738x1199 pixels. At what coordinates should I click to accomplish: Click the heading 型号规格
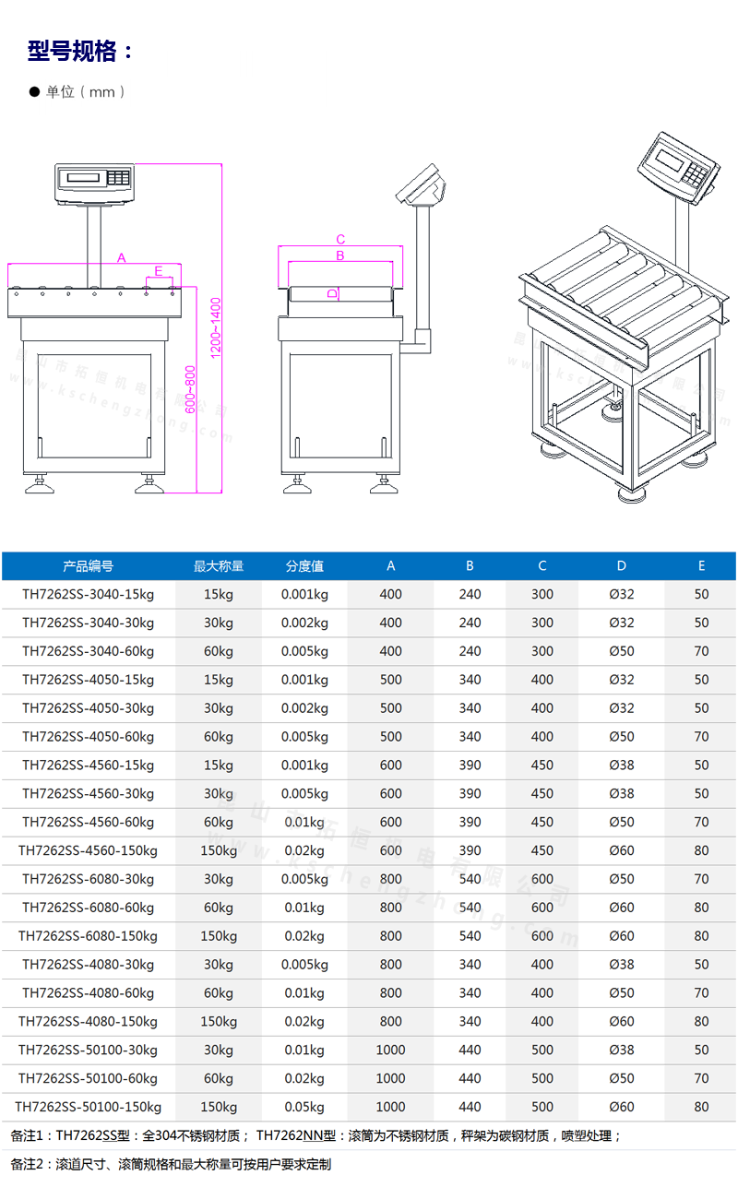coord(72,52)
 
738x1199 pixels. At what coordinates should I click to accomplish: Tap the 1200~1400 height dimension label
coord(215,328)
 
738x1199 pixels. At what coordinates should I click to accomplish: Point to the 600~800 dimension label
coord(190,389)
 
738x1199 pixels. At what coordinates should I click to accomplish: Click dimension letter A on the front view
coord(122,258)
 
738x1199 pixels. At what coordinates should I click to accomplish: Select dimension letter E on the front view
coord(159,271)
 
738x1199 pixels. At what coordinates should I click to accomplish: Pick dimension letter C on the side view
coord(340,239)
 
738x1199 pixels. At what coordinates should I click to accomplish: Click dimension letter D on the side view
coord(333,293)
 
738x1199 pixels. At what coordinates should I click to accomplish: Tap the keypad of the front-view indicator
coord(118,178)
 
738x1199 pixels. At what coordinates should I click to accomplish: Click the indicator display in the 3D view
coord(668,159)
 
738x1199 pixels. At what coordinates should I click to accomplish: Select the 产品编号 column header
coord(88,565)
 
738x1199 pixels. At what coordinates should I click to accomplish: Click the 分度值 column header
coord(304,565)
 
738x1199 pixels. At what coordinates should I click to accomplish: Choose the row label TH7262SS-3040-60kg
coord(88,651)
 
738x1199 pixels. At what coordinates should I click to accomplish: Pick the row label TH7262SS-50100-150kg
coord(88,1107)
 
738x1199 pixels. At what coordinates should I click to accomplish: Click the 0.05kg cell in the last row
coord(304,1107)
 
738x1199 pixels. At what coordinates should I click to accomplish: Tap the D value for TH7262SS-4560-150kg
coord(621,850)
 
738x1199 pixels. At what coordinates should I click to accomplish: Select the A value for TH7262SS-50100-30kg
coord(390,1050)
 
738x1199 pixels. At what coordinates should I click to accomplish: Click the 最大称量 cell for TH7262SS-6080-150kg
coord(219,936)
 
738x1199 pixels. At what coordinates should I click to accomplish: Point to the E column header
coord(701,565)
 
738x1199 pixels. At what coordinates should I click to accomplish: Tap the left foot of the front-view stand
coord(39,484)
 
